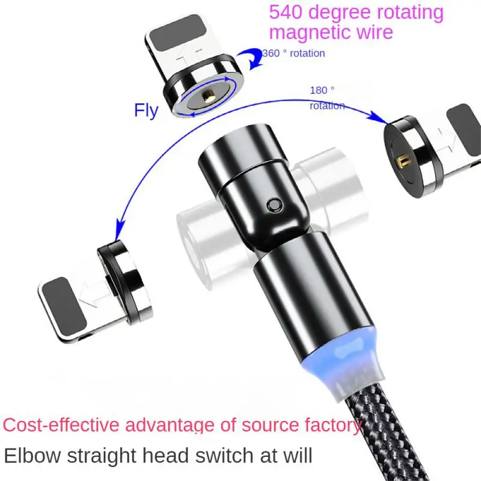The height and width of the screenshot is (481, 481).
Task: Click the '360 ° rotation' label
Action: tap(294, 54)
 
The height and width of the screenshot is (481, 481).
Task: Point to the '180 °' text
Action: tap(322, 90)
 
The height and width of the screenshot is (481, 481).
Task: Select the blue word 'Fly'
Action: tap(146, 110)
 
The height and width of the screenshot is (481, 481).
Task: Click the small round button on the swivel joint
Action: tap(274, 204)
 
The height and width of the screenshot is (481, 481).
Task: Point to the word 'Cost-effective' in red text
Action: tap(63, 426)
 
